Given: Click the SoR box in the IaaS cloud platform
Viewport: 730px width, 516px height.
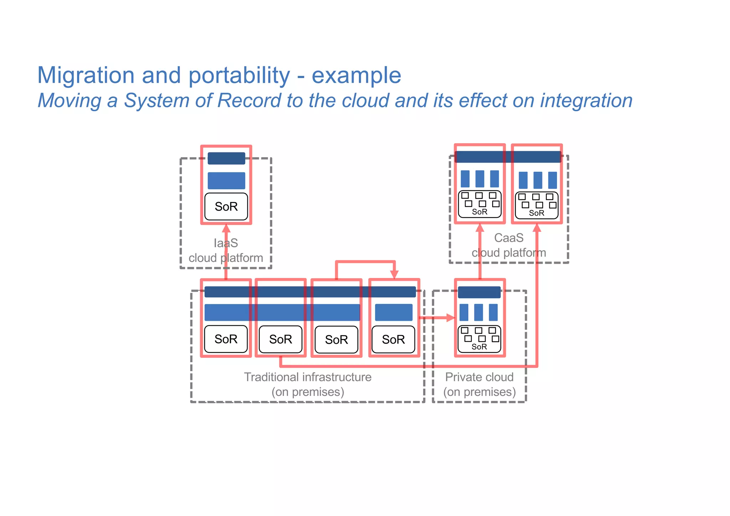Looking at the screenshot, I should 226,207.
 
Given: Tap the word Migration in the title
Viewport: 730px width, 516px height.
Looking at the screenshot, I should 86,76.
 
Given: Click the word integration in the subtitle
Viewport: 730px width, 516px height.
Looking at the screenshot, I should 586,100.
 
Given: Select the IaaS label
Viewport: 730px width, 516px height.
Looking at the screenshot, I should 226,243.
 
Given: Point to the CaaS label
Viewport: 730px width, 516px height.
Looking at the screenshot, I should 509,238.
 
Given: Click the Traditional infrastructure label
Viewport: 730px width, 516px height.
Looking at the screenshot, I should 308,377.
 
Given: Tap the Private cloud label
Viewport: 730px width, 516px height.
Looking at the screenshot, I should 479,377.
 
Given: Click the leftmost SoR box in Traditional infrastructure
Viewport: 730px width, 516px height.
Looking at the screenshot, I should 226,339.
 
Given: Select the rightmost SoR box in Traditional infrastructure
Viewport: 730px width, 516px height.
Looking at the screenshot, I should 393,339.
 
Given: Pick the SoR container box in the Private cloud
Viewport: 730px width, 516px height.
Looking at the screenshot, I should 479,339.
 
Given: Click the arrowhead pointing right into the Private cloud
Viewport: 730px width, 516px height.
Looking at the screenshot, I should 451,318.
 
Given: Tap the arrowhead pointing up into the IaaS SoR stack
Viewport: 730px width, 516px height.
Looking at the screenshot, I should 226,228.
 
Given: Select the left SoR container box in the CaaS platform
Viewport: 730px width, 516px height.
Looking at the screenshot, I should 479,204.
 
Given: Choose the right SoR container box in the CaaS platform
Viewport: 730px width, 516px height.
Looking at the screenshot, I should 536,205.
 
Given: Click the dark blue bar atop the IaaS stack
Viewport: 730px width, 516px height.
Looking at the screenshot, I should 226,158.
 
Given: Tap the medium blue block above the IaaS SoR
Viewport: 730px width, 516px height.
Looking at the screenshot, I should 226,181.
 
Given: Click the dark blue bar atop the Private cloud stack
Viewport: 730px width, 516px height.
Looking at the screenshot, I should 479,292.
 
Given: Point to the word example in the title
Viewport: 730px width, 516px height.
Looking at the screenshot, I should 356,76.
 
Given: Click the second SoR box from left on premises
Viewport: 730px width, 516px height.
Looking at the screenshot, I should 281,339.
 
